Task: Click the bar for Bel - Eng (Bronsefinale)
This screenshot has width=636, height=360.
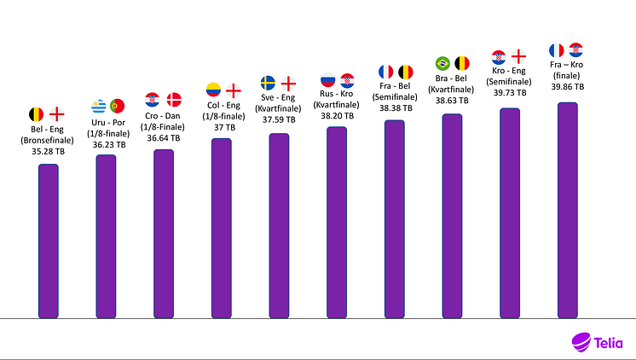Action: coord(48,241)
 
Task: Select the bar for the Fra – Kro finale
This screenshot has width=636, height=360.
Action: coord(567,211)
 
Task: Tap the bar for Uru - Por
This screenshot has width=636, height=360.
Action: coord(106,236)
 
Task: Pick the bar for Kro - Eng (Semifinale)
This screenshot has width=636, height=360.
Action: coord(510,213)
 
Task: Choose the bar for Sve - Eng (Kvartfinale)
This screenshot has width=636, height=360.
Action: coord(279,226)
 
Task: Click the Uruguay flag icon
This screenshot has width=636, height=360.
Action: coord(98,107)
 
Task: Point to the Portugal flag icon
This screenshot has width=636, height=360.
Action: coord(117,107)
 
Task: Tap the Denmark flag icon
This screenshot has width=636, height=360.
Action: coord(174,100)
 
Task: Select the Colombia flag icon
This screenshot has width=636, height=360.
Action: coord(214,90)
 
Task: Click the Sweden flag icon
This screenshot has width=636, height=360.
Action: coord(269,83)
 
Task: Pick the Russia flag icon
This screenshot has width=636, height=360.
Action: coord(327,81)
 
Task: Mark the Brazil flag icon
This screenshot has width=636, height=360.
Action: coord(442,63)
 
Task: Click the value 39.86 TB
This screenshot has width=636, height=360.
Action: coord(567,87)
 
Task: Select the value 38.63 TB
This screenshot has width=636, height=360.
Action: coord(452,100)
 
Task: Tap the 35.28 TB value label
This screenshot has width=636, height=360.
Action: coord(47,151)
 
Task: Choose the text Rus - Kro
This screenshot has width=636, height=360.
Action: coord(336,94)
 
